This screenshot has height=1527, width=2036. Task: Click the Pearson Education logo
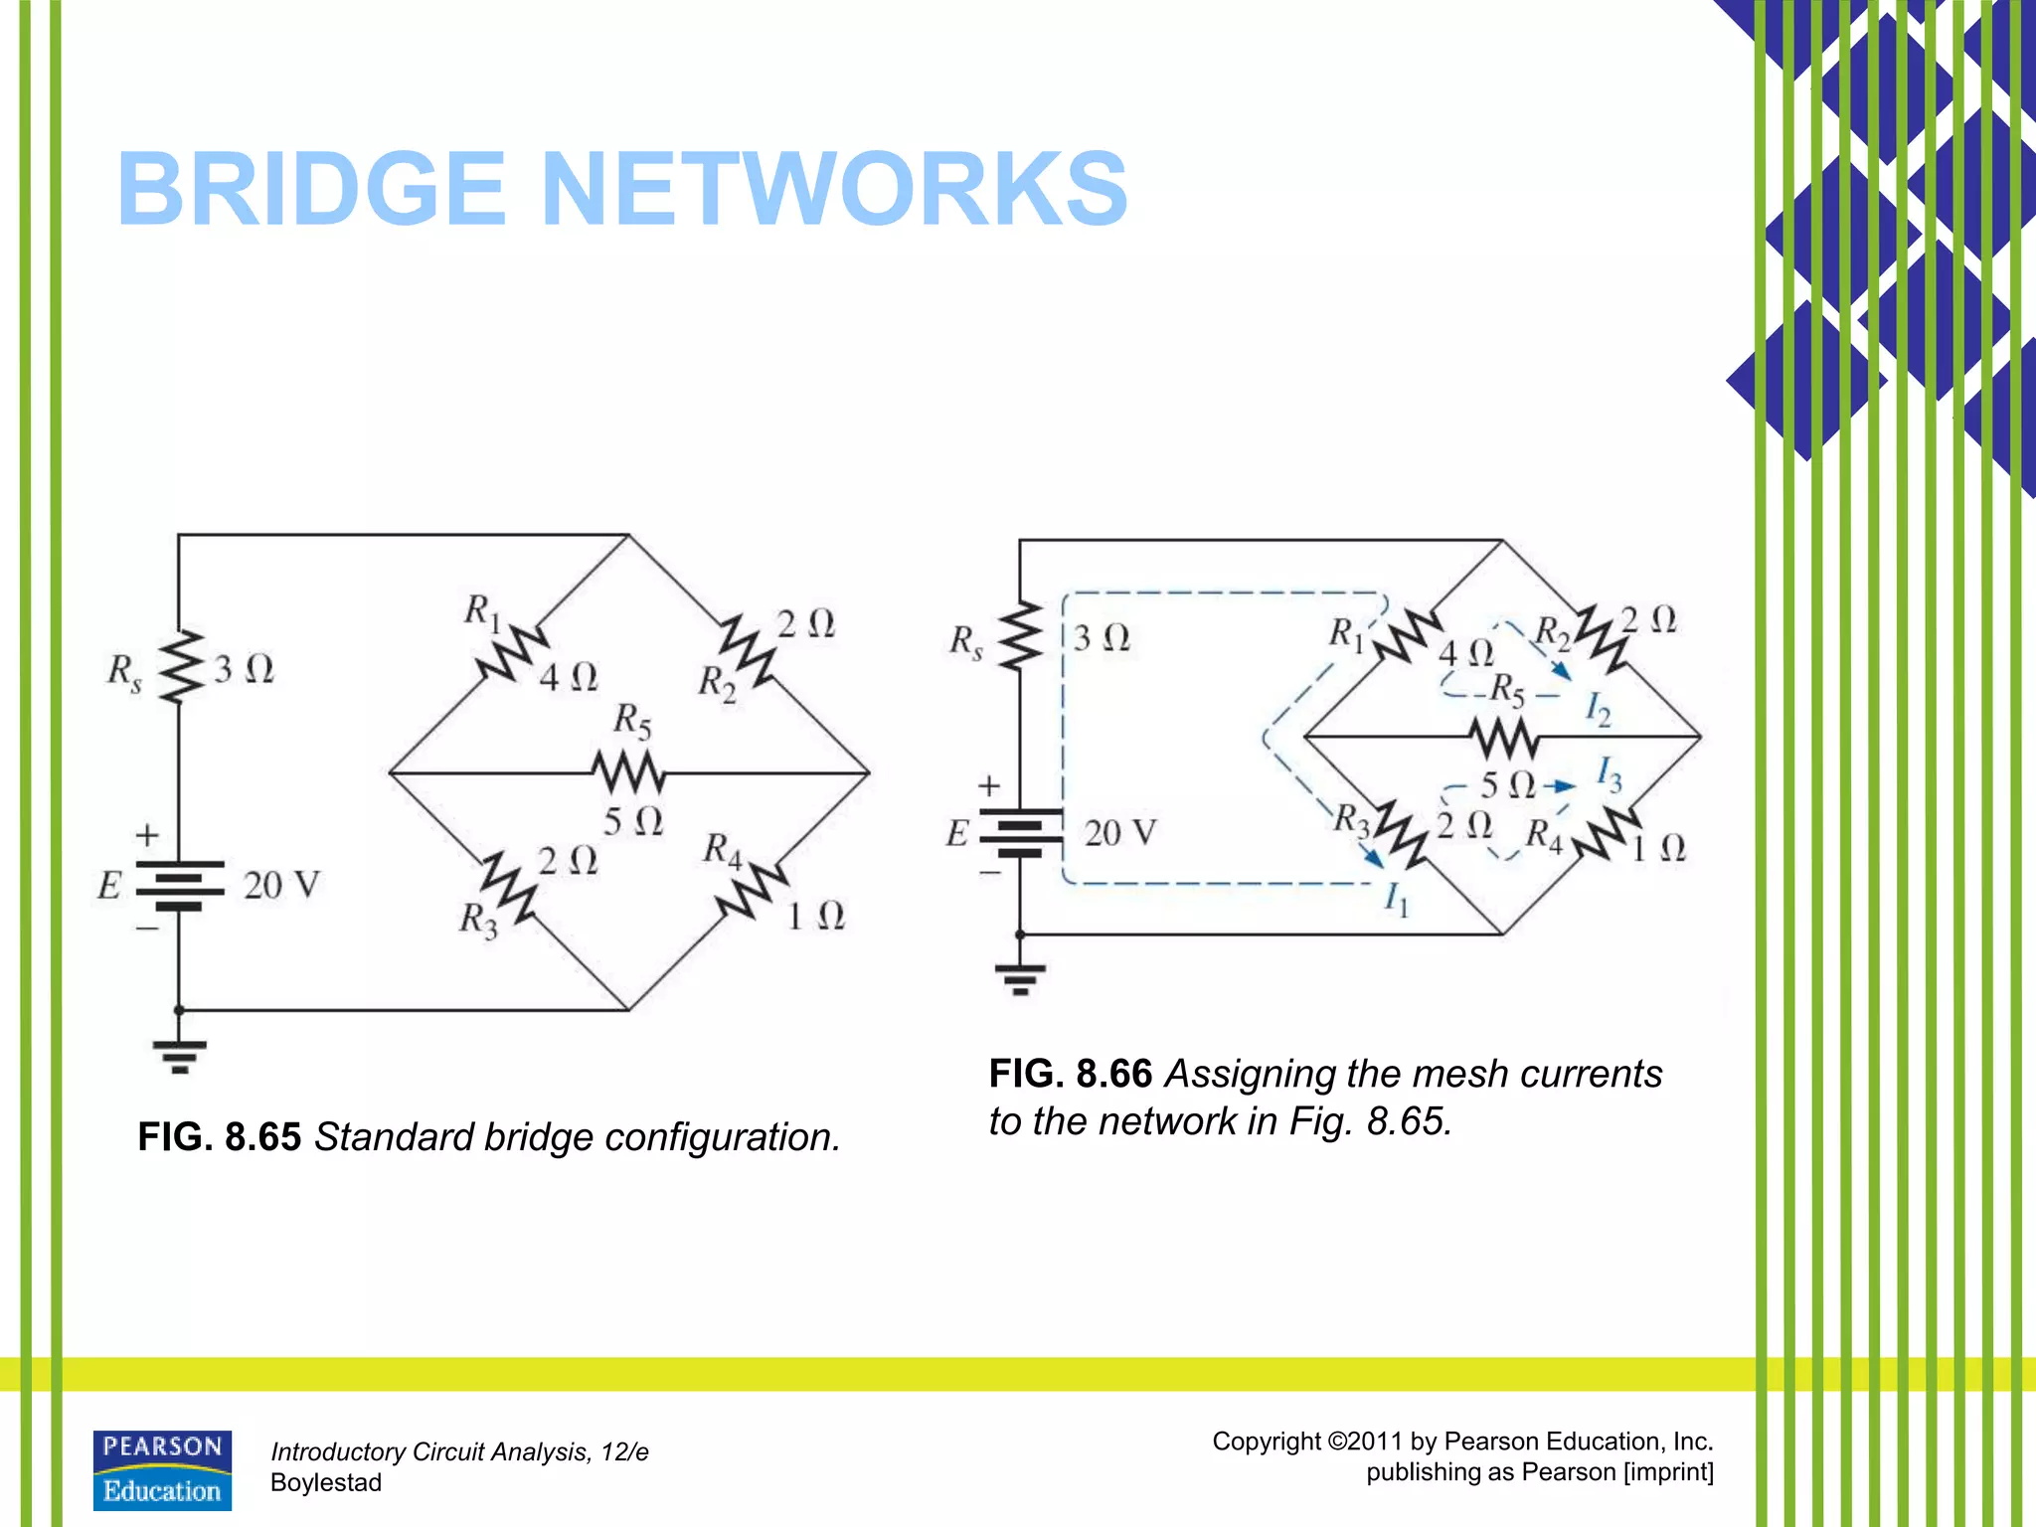[x=162, y=1470]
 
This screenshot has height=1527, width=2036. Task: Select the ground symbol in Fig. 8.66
[x=1020, y=978]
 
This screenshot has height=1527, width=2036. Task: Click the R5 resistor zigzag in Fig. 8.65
[x=628, y=771]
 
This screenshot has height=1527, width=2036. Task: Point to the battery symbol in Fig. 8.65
[x=179, y=885]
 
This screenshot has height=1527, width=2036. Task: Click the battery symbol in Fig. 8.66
[x=1020, y=833]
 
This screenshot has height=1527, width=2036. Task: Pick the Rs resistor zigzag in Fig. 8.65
[x=179, y=666]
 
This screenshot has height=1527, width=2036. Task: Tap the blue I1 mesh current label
[x=1397, y=900]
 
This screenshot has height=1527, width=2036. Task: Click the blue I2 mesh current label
[x=1598, y=710]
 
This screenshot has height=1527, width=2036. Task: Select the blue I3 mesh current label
[x=1609, y=773]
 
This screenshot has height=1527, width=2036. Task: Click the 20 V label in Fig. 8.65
[x=281, y=885]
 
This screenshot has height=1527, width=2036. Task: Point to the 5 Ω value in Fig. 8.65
[x=632, y=821]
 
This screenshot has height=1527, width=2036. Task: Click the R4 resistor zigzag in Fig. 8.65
[x=752, y=891]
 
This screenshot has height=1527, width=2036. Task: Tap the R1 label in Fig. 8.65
[x=482, y=611]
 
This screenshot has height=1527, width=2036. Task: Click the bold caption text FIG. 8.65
[x=219, y=1137]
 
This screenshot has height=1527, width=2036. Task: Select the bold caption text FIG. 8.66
[x=1070, y=1075]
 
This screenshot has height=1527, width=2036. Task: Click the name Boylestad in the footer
[x=326, y=1482]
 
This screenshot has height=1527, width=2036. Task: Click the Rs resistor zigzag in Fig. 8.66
[x=1020, y=636]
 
